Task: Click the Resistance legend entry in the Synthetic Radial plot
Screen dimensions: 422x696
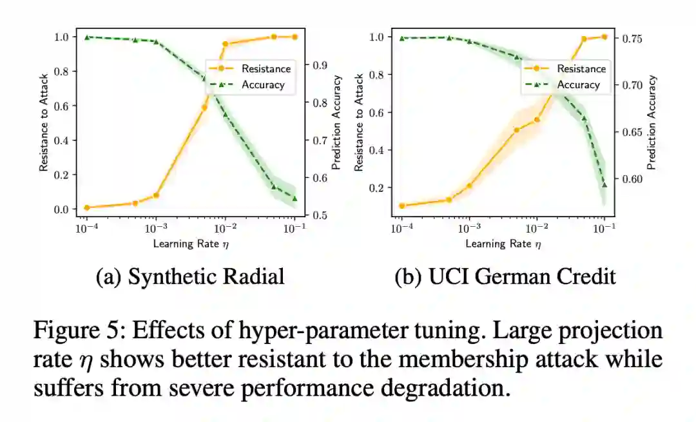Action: [x=266, y=68]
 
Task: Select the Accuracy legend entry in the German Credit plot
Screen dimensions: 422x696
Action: [x=578, y=84]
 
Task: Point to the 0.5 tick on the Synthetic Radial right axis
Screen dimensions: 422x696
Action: [x=319, y=215]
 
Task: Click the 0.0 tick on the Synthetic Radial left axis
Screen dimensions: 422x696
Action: [x=61, y=209]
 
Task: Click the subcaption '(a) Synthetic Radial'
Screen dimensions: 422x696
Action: [x=190, y=276]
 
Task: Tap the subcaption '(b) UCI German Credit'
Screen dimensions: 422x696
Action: [x=505, y=276]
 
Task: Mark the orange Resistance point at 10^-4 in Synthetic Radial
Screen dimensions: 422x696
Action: [x=86, y=207]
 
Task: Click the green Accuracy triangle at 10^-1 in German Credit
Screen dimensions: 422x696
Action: [x=604, y=185]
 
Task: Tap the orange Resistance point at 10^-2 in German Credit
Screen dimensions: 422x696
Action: [x=536, y=120]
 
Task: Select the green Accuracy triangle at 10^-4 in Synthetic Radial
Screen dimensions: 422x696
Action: [x=86, y=37]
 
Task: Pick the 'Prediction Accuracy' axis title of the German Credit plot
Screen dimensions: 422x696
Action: [x=652, y=122]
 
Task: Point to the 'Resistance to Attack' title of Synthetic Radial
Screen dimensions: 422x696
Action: [x=44, y=122]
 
